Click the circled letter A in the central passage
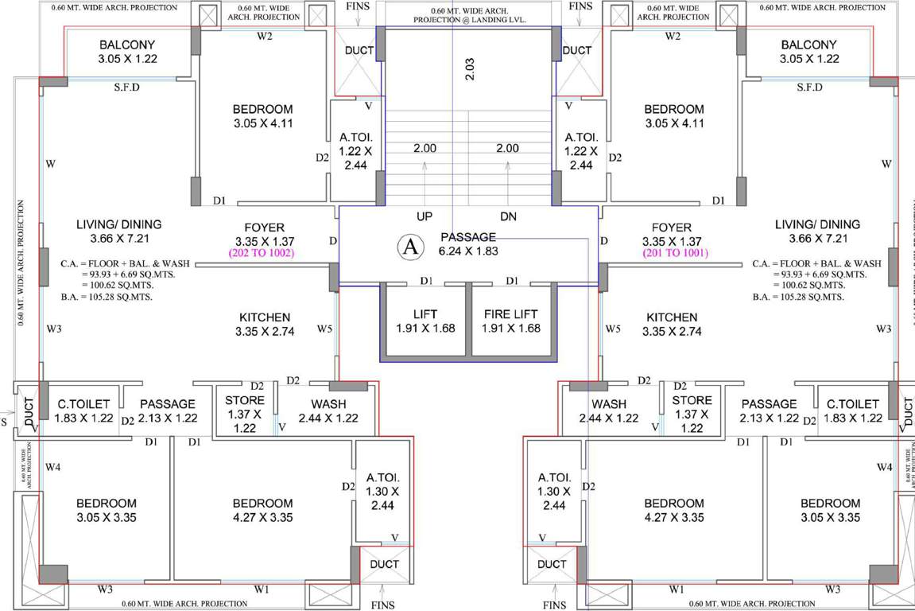coord(410,247)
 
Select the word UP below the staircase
coord(425,216)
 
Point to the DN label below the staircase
coord(509,216)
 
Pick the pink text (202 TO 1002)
coord(262,254)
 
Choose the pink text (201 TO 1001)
coord(670,254)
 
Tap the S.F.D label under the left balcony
coord(126,88)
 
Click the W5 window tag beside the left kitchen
coord(324,329)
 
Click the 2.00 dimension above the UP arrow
coord(425,148)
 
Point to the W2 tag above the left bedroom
coord(264,36)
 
